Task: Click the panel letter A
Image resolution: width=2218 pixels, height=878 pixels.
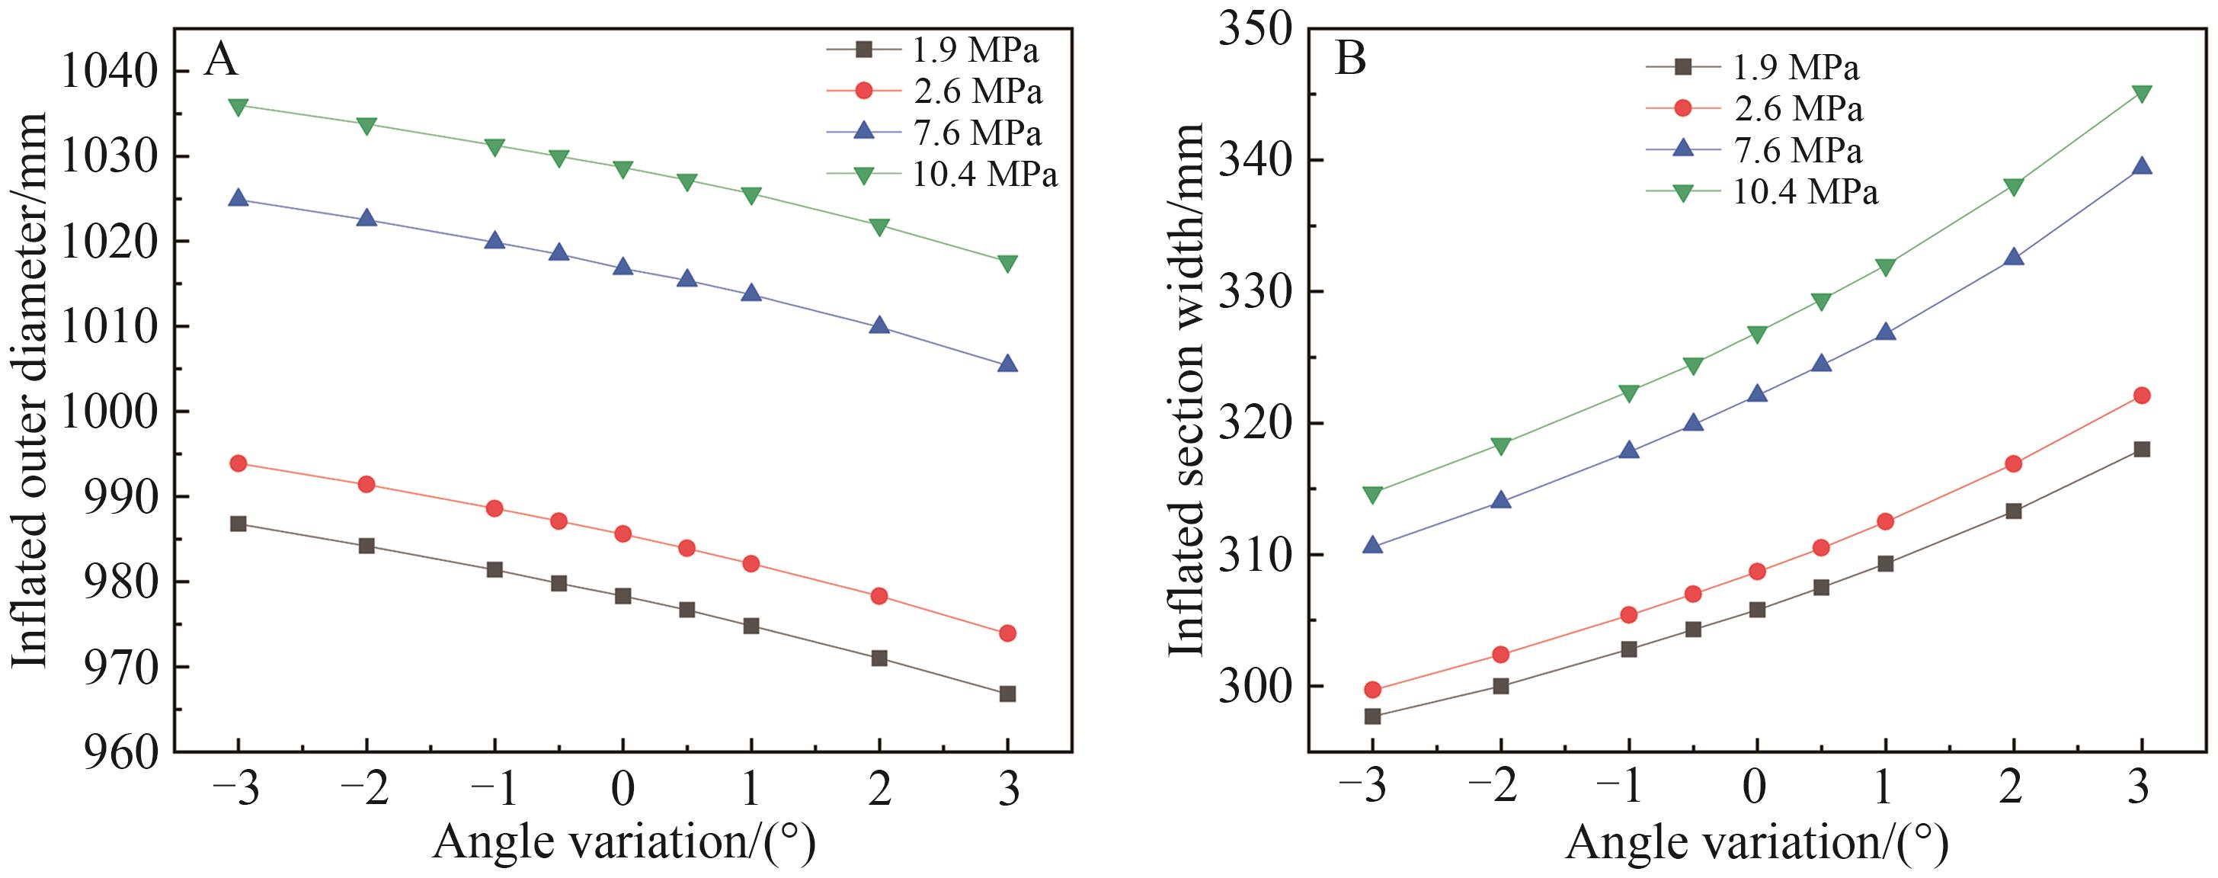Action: coord(220,60)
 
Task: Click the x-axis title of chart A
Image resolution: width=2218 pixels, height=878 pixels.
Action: coord(623,842)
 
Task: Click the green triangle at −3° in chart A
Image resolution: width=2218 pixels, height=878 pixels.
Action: coord(238,106)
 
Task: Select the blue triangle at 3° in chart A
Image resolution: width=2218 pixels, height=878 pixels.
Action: coord(1007,364)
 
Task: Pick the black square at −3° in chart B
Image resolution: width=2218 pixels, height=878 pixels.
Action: coord(1372,716)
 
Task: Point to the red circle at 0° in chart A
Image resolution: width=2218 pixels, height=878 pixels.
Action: coord(623,534)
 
